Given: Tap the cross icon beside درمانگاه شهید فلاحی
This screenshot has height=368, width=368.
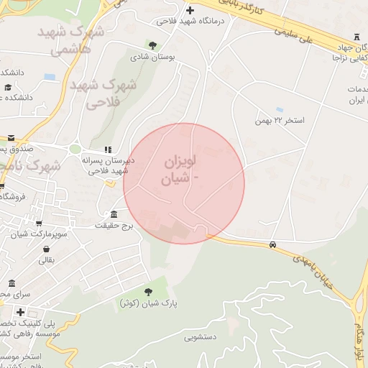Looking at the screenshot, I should (190, 10).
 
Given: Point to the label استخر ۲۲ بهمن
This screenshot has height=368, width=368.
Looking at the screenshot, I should (280, 120).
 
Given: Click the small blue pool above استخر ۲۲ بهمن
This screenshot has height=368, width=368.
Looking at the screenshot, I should (279, 109).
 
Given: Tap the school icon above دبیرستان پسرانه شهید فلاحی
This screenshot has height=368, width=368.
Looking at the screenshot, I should (107, 149).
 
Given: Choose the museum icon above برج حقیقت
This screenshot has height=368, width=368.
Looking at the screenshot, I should (114, 215).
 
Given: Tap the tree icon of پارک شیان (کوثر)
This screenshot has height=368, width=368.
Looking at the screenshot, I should (148, 291).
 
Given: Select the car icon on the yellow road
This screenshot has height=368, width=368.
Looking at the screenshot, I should (272, 245).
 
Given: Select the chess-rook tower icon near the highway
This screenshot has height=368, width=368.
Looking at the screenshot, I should (357, 37).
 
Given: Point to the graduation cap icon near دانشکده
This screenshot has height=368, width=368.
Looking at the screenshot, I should (8, 87).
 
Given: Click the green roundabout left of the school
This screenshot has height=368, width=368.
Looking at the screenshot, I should (75, 149).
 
